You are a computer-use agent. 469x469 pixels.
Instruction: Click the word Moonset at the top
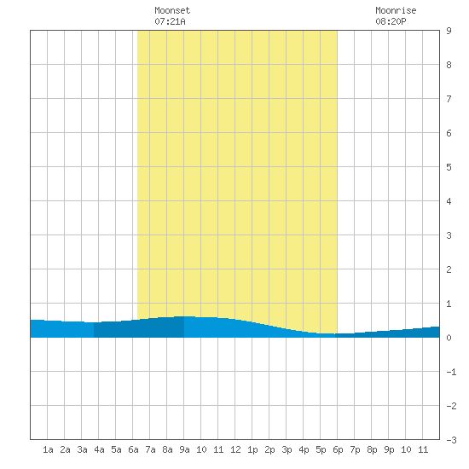click(172, 10)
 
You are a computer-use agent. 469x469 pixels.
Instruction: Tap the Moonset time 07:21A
click(170, 21)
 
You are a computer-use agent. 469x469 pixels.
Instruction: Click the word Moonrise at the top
click(396, 10)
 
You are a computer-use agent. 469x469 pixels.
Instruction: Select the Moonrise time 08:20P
click(391, 21)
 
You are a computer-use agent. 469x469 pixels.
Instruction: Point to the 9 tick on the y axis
click(449, 31)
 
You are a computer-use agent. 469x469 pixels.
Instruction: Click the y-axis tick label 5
click(449, 167)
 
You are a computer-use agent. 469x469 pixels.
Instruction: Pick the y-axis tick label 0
click(449, 338)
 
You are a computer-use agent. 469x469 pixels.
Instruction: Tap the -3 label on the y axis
click(451, 440)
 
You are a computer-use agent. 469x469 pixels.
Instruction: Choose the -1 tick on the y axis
click(451, 372)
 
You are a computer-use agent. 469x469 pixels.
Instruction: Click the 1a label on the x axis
click(48, 449)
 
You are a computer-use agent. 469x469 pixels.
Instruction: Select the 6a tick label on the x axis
click(133, 449)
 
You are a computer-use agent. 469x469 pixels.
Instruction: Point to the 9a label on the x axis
click(184, 449)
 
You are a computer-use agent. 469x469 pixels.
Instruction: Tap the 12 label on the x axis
click(235, 449)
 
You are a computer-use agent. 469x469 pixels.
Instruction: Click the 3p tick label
click(287, 449)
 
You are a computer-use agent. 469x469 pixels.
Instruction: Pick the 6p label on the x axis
click(338, 449)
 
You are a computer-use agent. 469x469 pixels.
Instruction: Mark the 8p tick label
click(372, 449)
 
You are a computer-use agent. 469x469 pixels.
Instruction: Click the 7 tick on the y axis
click(449, 99)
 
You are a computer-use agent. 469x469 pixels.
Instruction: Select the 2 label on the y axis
click(449, 269)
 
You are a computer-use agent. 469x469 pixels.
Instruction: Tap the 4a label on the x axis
click(99, 449)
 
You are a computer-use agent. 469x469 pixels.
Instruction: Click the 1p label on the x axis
click(252, 449)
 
